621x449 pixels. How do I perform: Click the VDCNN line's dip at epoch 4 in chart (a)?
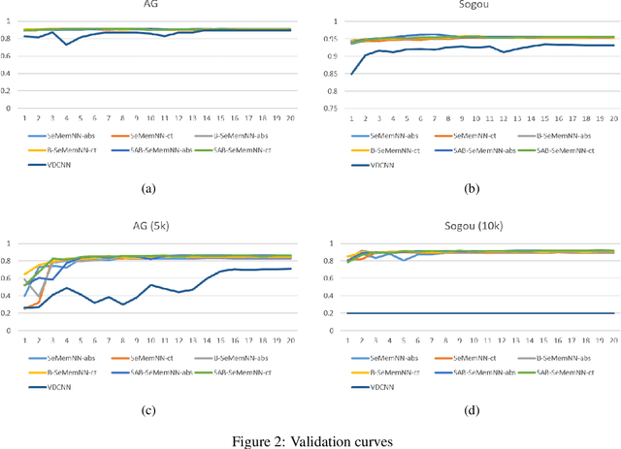tap(66, 45)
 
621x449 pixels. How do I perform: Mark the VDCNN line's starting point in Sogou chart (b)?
tap(350, 74)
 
